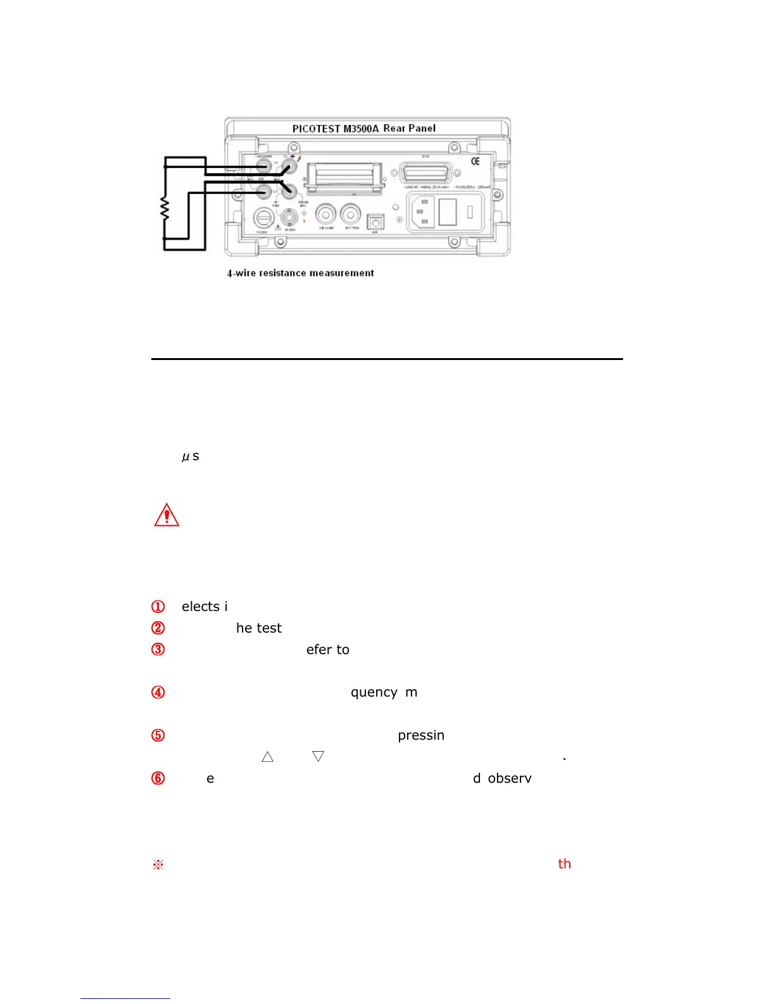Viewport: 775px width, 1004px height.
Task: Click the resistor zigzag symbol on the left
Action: click(165, 209)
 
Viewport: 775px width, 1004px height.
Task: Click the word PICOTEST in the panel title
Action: click(316, 129)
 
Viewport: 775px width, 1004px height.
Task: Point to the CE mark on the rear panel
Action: click(476, 161)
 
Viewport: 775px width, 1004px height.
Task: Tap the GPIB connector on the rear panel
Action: click(425, 172)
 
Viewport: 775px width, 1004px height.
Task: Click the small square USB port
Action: click(375, 222)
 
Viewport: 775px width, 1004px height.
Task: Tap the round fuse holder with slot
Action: click(263, 219)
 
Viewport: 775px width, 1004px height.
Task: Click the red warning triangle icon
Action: click(167, 515)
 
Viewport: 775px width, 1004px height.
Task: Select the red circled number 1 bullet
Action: click(158, 607)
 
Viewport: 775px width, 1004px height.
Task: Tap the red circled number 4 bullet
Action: click(158, 692)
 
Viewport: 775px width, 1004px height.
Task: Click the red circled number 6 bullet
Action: click(158, 778)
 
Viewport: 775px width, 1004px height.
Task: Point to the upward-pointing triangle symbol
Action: click(267, 756)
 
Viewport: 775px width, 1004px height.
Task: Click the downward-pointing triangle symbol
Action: click(318, 756)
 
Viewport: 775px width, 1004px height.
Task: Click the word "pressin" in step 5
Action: click(421, 735)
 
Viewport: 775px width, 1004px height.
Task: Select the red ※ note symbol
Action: click(158, 865)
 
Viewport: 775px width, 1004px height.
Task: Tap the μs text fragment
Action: click(191, 456)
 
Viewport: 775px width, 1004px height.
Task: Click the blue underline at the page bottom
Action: click(125, 998)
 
